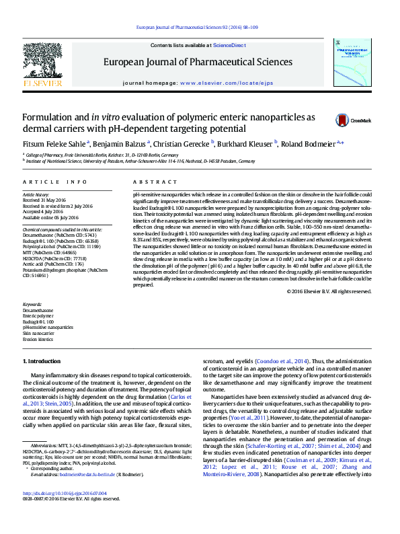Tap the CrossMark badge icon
tap(344, 120)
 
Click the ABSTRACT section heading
tap(145, 182)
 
